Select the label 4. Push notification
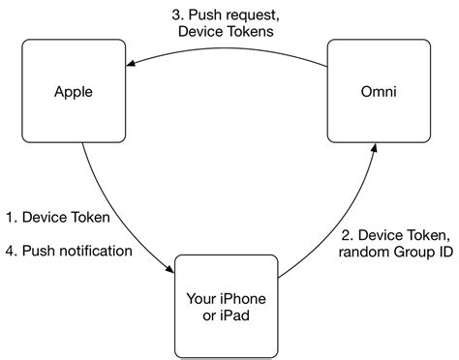point(68,252)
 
